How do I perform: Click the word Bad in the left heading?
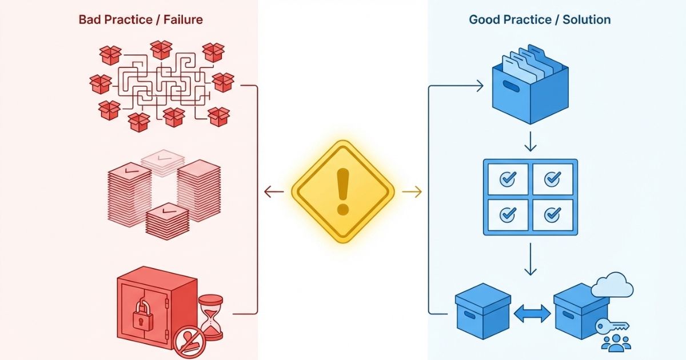[90, 20]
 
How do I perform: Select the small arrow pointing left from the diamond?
[274, 193]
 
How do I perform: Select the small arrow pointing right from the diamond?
[412, 193]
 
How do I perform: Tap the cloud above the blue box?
[612, 285]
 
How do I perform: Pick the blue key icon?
[611, 326]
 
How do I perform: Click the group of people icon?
[616, 343]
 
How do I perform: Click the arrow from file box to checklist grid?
[531, 142]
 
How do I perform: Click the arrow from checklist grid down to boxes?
[531, 260]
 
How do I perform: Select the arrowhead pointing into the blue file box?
[479, 86]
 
